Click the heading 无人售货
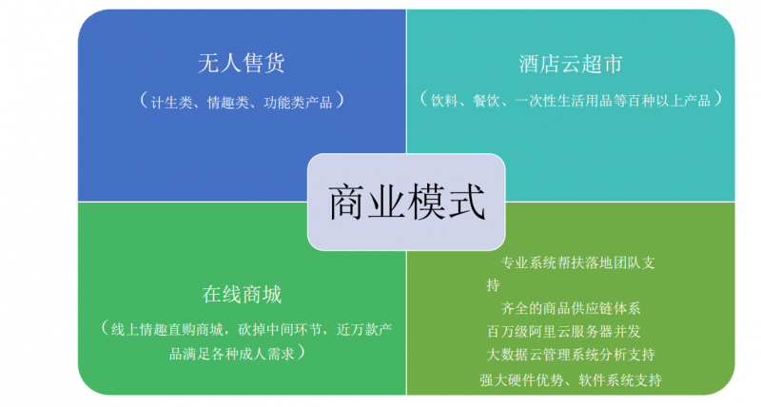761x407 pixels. pyautogui.click(x=242, y=63)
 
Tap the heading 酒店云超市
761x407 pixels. pyautogui.click(x=570, y=64)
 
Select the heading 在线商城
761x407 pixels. pyautogui.click(x=242, y=295)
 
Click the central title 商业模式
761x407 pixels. pyautogui.click(x=407, y=203)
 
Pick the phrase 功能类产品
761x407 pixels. pyautogui.click(x=298, y=103)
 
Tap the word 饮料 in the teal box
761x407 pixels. pyautogui.click(x=444, y=101)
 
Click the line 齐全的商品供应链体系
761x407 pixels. pyautogui.click(x=571, y=308)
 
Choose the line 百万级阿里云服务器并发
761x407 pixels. pyautogui.click(x=564, y=331)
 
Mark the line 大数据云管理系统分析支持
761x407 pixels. pyautogui.click(x=571, y=355)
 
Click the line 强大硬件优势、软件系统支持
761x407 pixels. pyautogui.click(x=571, y=379)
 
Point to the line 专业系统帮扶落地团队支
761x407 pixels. pyautogui.click(x=578, y=262)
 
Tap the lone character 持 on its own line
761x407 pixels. pyautogui.click(x=494, y=285)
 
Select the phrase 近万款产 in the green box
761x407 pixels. pyautogui.click(x=364, y=330)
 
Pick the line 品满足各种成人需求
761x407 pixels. pyautogui.click(x=232, y=354)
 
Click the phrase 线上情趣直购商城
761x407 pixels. pyautogui.click(x=167, y=330)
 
